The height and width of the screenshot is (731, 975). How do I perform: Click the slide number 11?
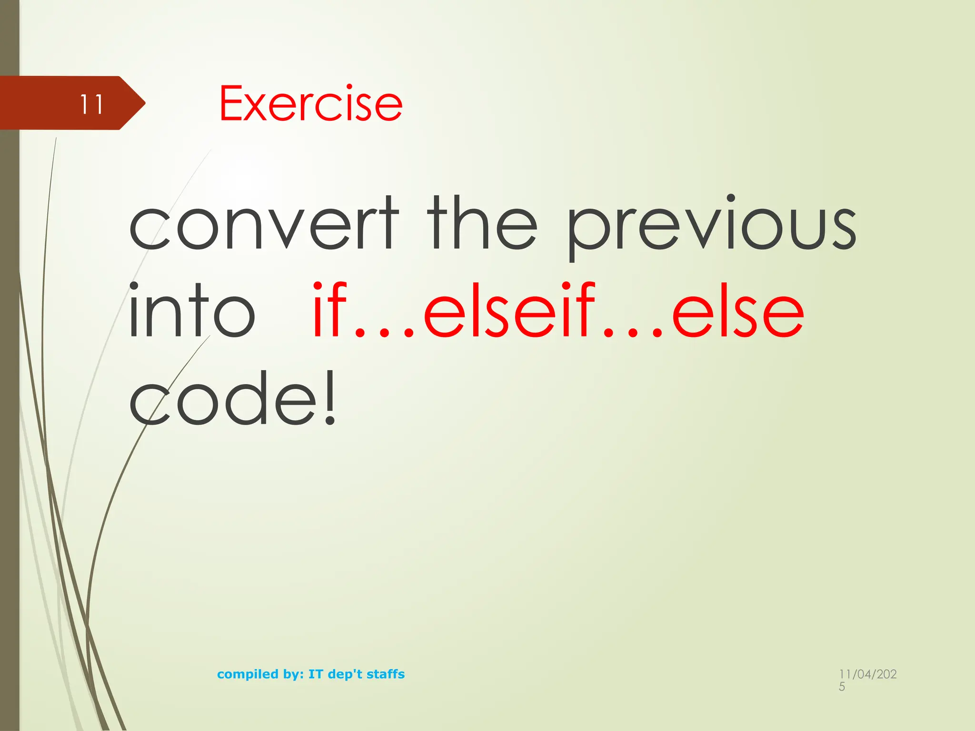(x=91, y=104)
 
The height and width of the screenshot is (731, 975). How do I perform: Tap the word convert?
(x=263, y=223)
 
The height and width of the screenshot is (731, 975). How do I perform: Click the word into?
(x=191, y=310)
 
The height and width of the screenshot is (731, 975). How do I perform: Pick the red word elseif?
(x=509, y=310)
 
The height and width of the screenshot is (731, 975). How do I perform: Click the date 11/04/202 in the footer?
(x=867, y=674)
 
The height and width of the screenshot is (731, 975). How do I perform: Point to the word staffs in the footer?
(x=386, y=674)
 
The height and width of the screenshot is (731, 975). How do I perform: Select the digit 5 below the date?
(x=842, y=687)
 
